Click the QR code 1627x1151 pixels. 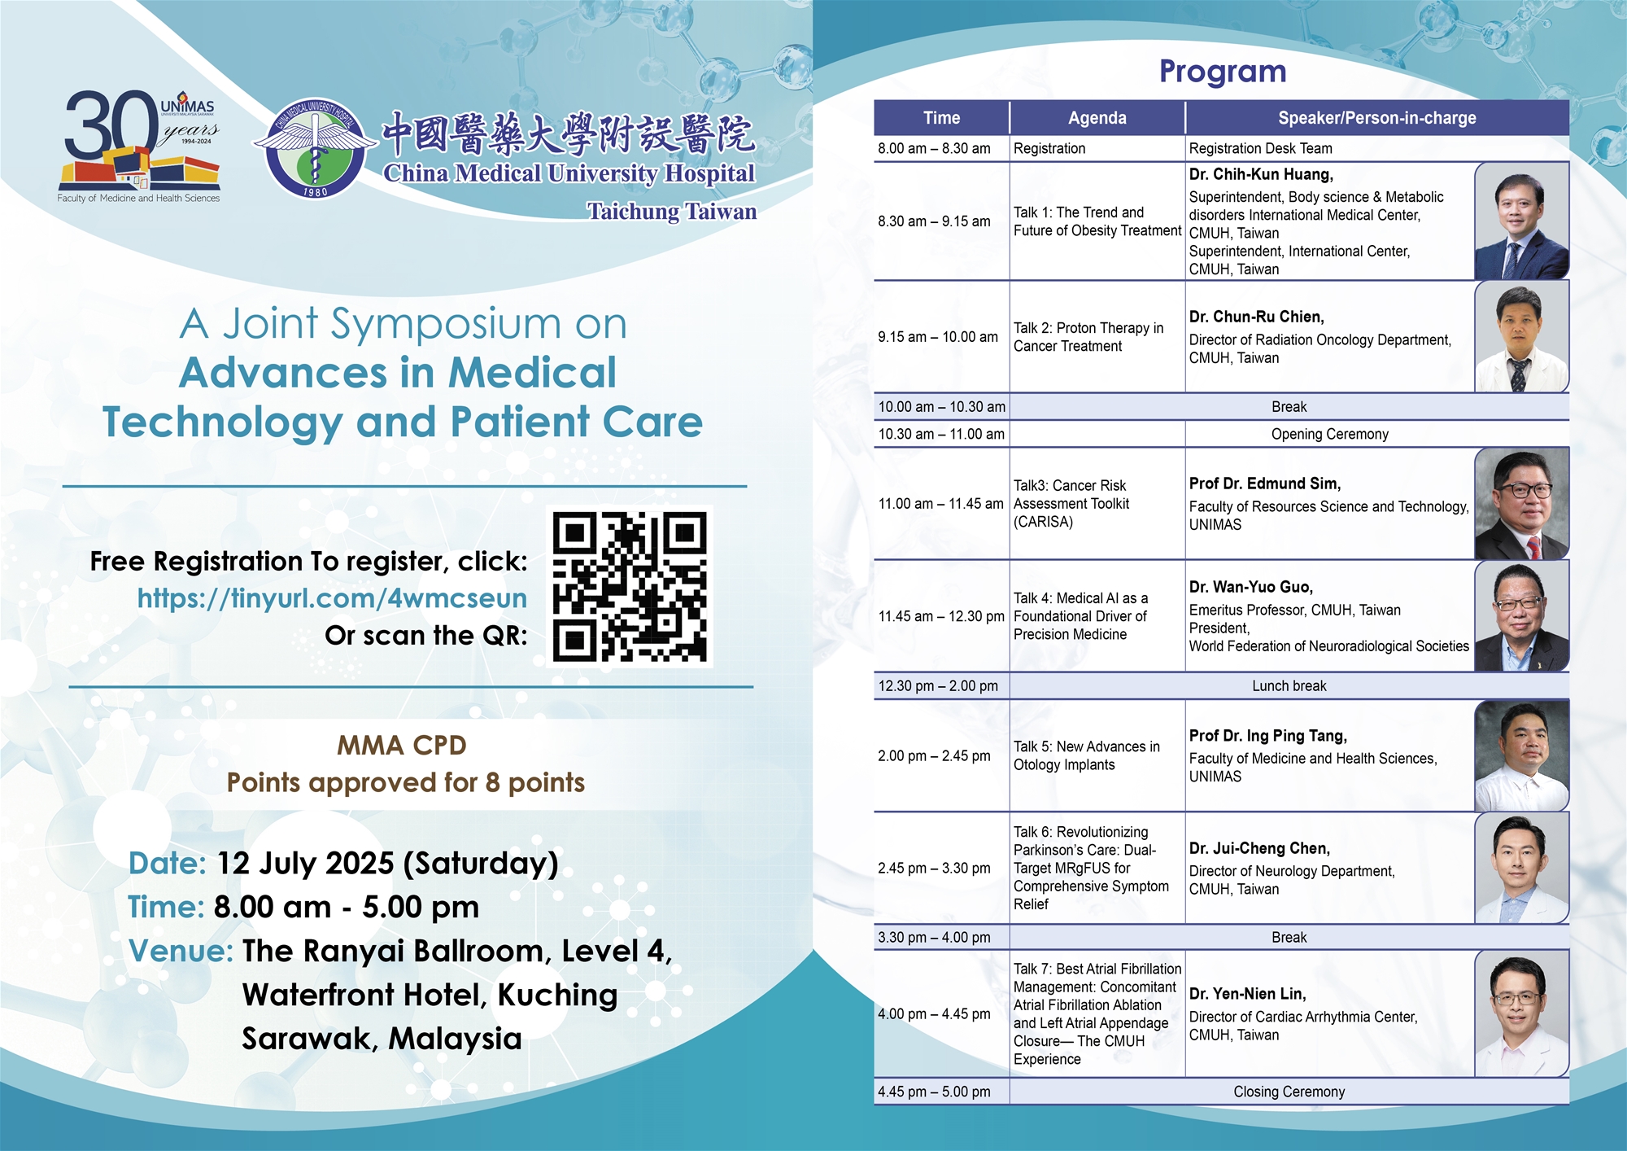(630, 586)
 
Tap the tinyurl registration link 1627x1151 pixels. (332, 598)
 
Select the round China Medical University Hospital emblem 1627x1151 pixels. (316, 148)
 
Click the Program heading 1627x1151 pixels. (1223, 72)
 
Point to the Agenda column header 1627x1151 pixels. (1097, 118)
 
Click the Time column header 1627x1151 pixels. (942, 118)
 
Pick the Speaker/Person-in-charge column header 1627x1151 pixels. (1377, 118)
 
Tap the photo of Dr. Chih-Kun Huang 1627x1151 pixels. (1521, 221)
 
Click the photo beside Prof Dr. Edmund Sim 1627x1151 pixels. (1521, 504)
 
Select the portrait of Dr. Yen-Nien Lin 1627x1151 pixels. (1521, 1014)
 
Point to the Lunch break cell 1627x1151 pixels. (1289, 686)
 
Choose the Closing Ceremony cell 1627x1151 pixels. (1289, 1092)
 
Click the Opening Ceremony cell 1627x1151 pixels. (1330, 434)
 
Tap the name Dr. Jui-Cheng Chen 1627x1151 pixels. (1259, 848)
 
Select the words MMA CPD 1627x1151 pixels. (402, 746)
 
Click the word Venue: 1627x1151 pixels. (181, 951)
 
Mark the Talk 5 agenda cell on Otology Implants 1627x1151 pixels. (1097, 755)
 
